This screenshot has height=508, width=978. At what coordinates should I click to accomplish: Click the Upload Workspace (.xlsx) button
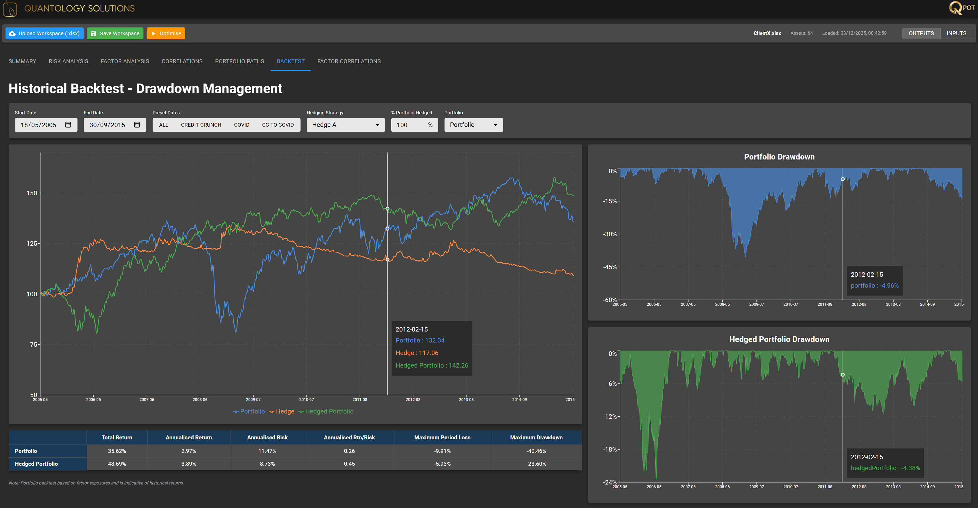(44, 33)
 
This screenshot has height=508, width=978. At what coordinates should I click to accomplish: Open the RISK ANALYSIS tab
(68, 61)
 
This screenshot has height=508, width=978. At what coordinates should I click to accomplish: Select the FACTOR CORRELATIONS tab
(349, 61)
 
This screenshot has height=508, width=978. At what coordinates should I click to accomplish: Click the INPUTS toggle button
(956, 33)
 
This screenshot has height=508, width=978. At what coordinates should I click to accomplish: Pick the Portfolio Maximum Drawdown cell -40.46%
(536, 451)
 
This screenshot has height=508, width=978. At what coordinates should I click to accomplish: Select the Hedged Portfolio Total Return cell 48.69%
(117, 464)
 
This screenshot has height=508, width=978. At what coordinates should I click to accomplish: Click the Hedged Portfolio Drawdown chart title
(779, 339)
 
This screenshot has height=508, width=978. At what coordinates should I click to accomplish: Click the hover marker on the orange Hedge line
(387, 259)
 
